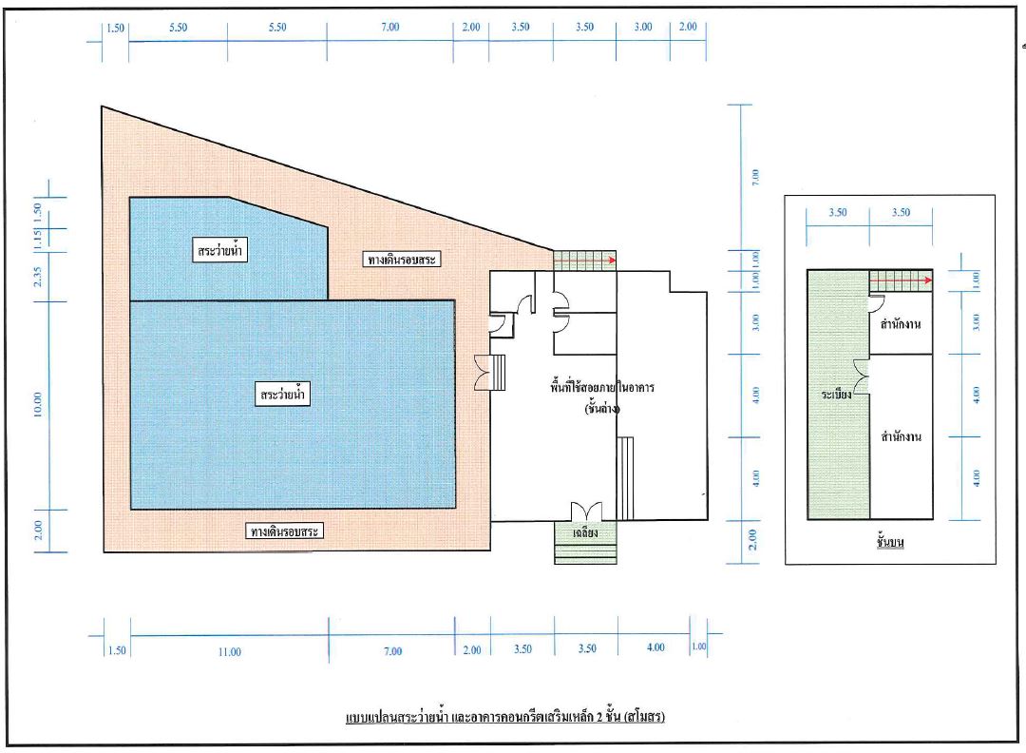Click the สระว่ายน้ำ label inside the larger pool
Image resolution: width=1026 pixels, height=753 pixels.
pyautogui.click(x=282, y=395)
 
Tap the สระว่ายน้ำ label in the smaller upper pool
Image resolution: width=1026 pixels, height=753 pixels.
pyautogui.click(x=219, y=250)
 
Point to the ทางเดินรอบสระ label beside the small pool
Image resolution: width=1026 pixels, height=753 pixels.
pyautogui.click(x=401, y=260)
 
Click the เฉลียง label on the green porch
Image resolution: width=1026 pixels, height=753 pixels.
pyautogui.click(x=585, y=533)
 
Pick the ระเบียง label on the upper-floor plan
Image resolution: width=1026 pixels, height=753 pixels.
pyautogui.click(x=836, y=395)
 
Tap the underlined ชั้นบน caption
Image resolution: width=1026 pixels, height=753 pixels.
pyautogui.click(x=889, y=542)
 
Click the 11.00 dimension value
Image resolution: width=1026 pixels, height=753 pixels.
pyautogui.click(x=230, y=651)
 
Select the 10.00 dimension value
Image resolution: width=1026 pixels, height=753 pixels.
pyautogui.click(x=37, y=405)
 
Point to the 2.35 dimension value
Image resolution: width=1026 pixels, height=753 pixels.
pyautogui.click(x=37, y=277)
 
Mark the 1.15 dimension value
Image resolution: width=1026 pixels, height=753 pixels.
pyautogui.click(x=37, y=240)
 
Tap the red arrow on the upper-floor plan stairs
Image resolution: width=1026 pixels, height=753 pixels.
pyautogui.click(x=901, y=280)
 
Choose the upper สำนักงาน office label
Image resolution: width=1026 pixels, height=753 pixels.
pyautogui.click(x=901, y=323)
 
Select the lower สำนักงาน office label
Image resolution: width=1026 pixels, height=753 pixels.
pyautogui.click(x=901, y=436)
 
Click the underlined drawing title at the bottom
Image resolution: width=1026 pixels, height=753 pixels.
pyautogui.click(x=505, y=717)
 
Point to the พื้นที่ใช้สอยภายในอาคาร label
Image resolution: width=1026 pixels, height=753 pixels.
pyautogui.click(x=602, y=387)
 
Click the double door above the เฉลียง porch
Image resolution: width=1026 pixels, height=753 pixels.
pyautogui.click(x=585, y=512)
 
